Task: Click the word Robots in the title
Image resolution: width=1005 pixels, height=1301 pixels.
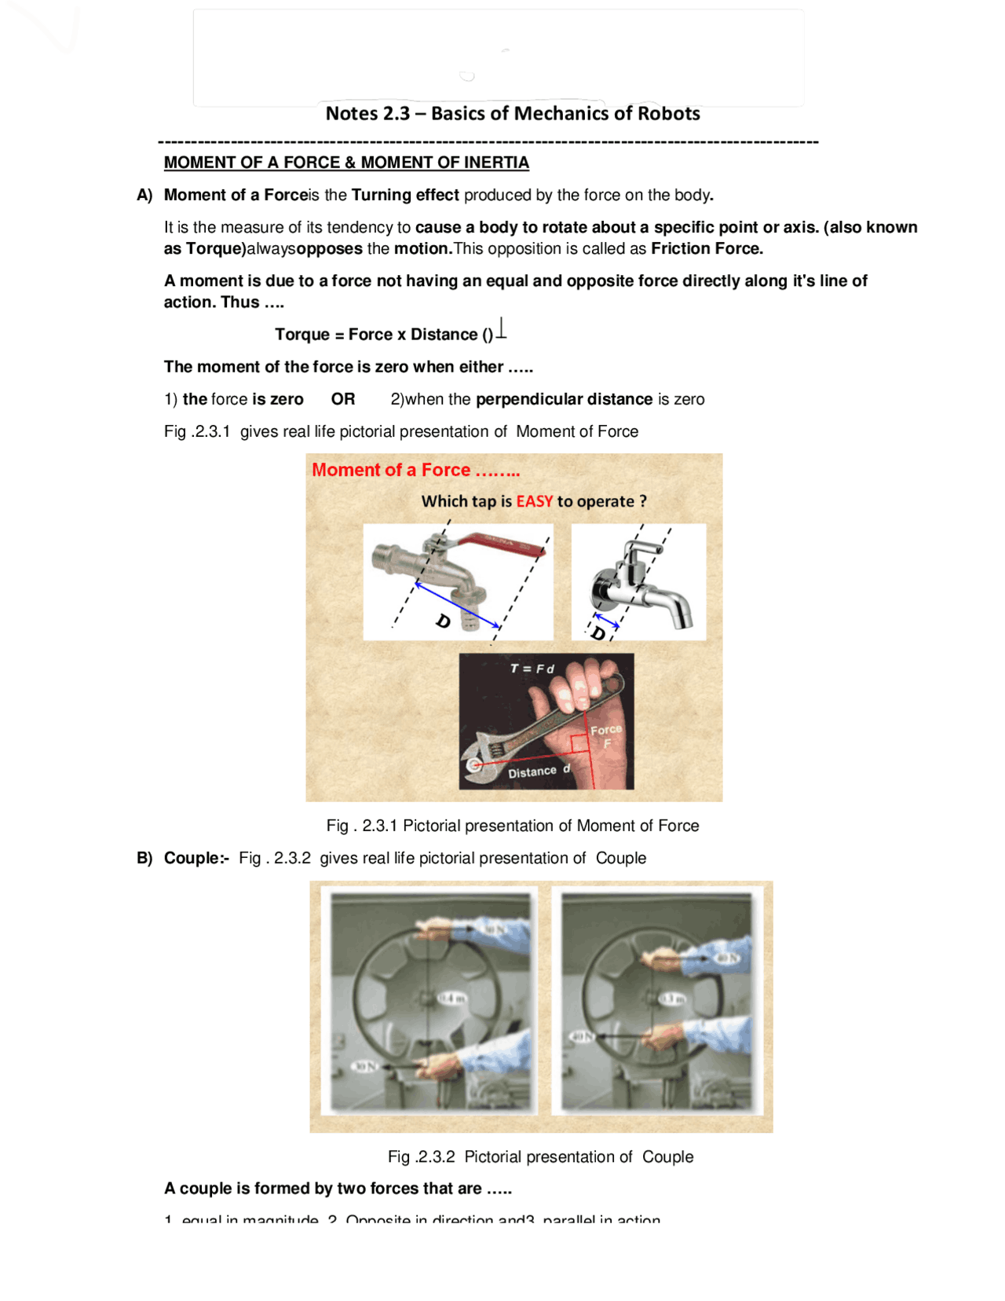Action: click(x=668, y=114)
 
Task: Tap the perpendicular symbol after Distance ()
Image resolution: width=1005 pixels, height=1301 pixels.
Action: click(x=502, y=328)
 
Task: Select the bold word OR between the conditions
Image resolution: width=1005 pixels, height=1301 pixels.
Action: click(x=342, y=399)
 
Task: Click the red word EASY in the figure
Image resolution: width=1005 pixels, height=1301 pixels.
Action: click(x=534, y=501)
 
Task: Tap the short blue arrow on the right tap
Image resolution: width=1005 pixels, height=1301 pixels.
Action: click(x=606, y=621)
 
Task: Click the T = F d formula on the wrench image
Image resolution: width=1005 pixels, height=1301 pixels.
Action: click(x=532, y=669)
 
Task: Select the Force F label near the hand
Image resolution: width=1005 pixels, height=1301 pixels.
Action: click(x=605, y=735)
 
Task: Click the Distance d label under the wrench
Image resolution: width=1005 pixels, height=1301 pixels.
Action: click(x=538, y=771)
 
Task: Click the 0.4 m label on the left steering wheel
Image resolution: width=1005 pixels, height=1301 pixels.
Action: click(x=452, y=998)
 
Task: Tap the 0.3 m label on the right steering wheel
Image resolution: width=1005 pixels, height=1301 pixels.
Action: click(x=672, y=998)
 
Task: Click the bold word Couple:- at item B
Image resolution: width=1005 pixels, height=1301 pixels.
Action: click(x=196, y=858)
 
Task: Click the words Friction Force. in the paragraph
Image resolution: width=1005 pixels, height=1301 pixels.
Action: click(x=707, y=249)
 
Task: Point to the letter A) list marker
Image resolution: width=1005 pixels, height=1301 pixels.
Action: click(x=144, y=195)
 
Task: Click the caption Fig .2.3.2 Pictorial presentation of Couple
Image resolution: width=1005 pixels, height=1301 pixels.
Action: click(x=540, y=1156)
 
